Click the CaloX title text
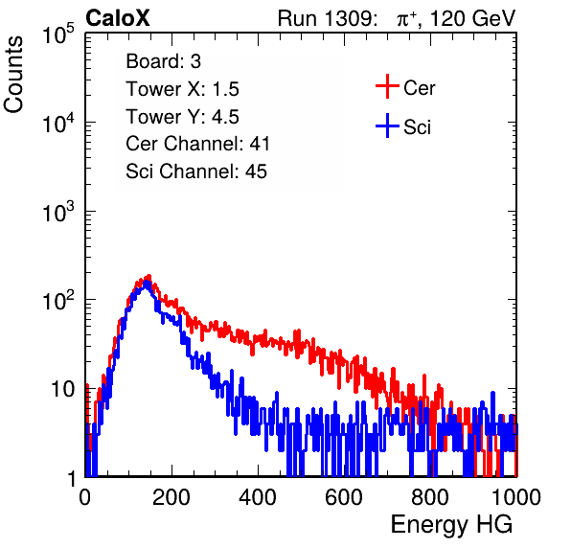click(117, 18)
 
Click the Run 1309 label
click(327, 18)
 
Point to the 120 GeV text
click(472, 18)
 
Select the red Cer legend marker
click(387, 86)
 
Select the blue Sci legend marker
click(387, 126)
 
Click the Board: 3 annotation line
click(164, 61)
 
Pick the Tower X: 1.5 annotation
click(182, 89)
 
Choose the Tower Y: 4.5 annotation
click(182, 117)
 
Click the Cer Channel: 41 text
click(197, 144)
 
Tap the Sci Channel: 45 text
click(196, 171)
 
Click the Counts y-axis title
click(13, 75)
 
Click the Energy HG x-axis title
click(451, 524)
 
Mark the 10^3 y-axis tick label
click(58, 212)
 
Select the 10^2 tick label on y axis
click(58, 301)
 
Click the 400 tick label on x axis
click(258, 497)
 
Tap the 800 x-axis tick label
click(430, 497)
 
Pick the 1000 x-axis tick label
click(516, 497)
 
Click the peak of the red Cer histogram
click(148, 277)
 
